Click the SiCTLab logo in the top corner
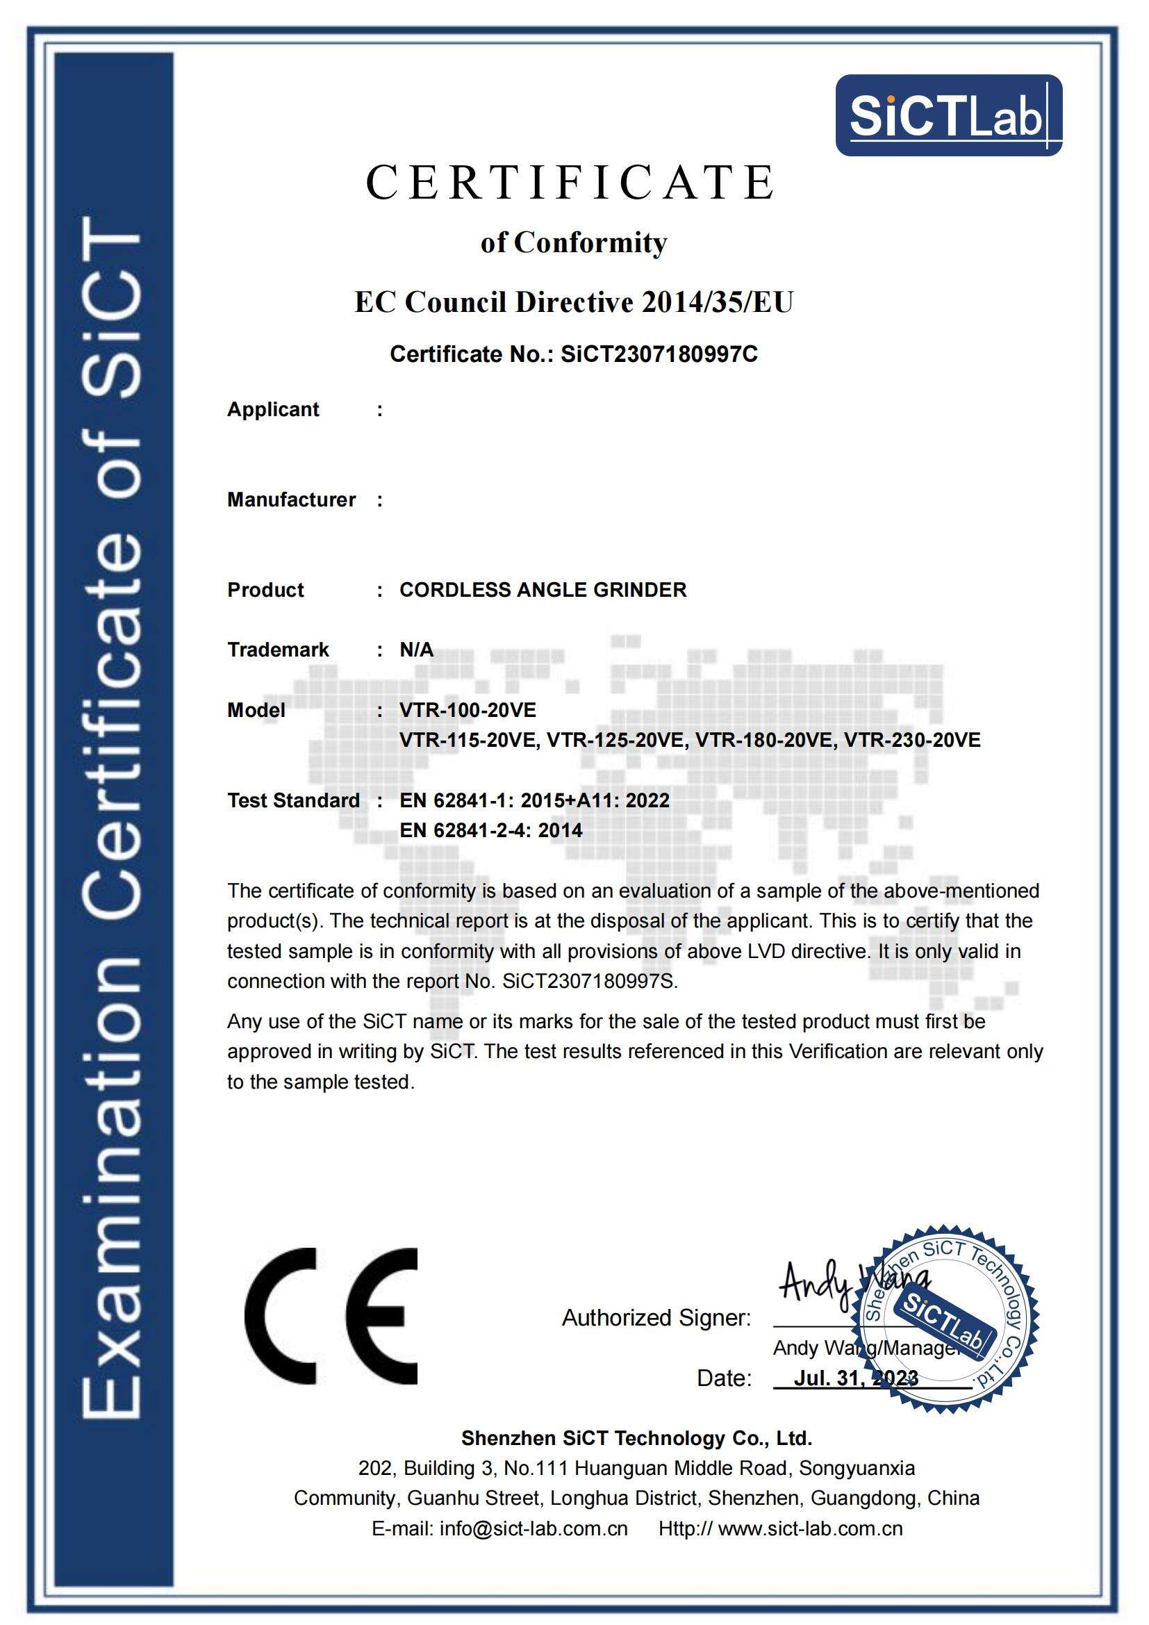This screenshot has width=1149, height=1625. click(x=948, y=115)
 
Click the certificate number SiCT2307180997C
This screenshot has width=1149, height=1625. click(x=659, y=354)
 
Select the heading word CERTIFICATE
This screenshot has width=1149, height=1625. click(x=570, y=183)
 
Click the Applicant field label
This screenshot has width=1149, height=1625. click(x=273, y=410)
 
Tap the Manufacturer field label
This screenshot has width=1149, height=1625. click(x=291, y=500)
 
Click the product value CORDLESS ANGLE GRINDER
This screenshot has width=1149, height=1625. click(x=543, y=590)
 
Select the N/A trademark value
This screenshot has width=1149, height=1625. click(x=416, y=650)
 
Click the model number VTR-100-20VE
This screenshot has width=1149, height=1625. click(x=468, y=710)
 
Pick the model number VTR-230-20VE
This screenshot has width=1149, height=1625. click(x=913, y=741)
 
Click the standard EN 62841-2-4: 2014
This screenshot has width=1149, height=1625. click(x=491, y=830)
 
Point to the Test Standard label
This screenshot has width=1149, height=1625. click(x=293, y=800)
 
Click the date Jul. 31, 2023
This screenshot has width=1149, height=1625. click(x=856, y=1378)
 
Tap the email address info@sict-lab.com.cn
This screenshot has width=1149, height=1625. click(x=534, y=1528)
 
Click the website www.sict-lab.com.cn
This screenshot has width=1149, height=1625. click(x=810, y=1528)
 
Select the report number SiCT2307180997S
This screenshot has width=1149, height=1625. click(x=589, y=982)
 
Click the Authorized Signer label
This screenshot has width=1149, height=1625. click(x=656, y=1318)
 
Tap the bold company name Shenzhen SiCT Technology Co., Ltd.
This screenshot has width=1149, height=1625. click(x=637, y=1438)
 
